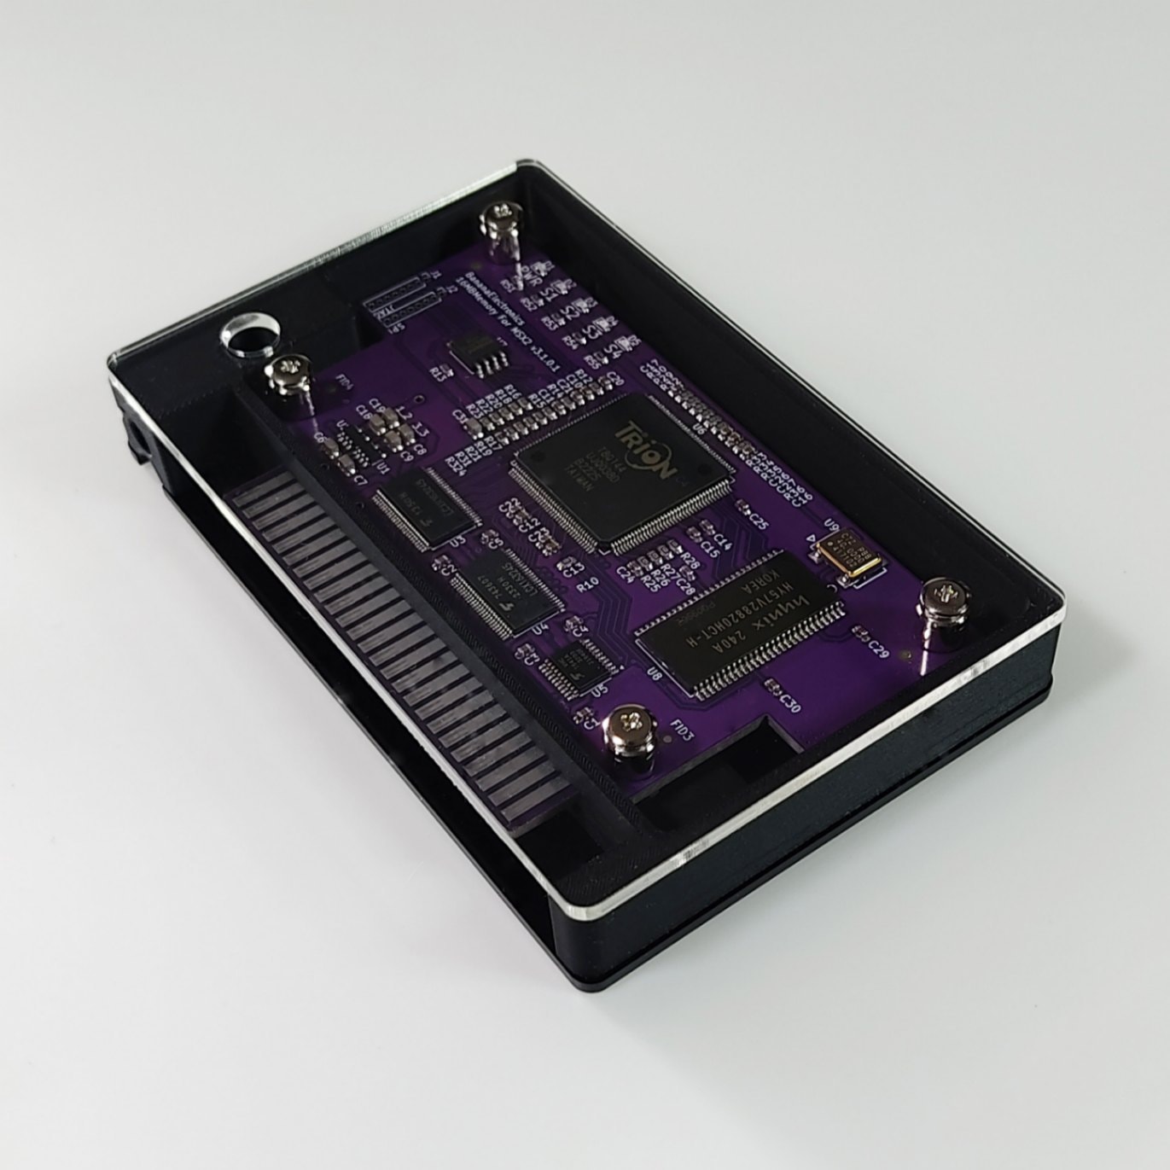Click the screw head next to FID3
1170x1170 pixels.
631,728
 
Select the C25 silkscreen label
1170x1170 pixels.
758,518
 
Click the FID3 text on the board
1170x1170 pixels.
683,733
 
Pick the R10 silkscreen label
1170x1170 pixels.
587,585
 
